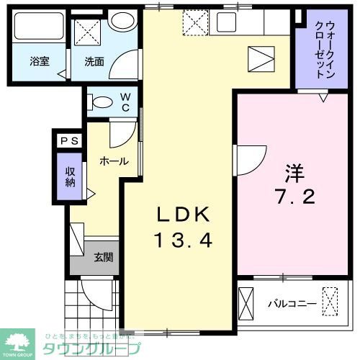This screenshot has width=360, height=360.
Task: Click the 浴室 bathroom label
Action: click(x=40, y=61)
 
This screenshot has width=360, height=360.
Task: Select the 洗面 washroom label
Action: click(x=94, y=61)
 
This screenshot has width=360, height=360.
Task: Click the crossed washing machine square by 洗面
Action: click(x=87, y=31)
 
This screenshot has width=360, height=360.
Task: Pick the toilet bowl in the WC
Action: click(x=101, y=102)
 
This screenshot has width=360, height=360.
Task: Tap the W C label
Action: click(x=125, y=102)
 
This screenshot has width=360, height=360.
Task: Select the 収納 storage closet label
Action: click(x=70, y=176)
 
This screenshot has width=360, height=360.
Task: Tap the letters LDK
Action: click(x=184, y=215)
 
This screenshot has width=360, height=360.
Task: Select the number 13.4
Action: click(x=184, y=241)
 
